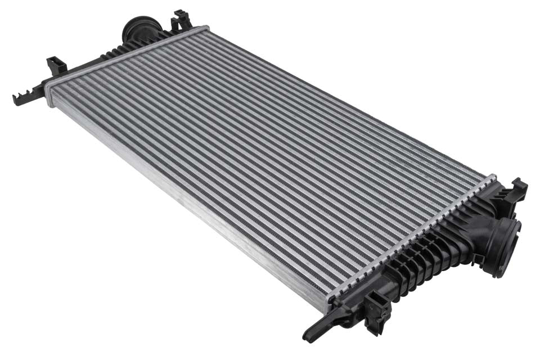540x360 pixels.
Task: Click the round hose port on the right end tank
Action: (x=504, y=246)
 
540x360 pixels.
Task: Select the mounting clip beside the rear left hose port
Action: (x=182, y=21)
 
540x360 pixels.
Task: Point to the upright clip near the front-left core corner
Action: (x=56, y=66)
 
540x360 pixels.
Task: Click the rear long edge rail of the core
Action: (x=349, y=101)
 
